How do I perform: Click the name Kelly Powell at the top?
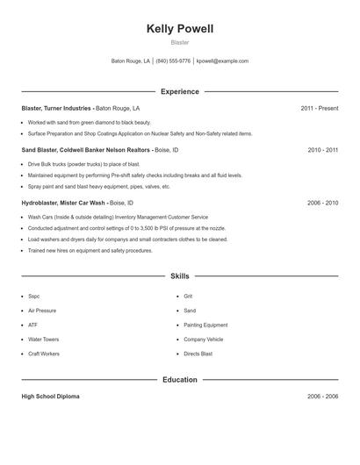(x=180, y=29)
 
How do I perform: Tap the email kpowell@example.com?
(x=222, y=61)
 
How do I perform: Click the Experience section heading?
(x=180, y=91)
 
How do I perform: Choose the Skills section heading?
(x=180, y=275)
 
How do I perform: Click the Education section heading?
(x=180, y=380)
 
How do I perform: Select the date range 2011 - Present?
(x=319, y=108)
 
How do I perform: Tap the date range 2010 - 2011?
(x=322, y=150)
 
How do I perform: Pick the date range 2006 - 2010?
(x=322, y=203)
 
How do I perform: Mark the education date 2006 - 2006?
(x=322, y=397)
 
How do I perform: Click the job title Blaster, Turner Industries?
(x=56, y=108)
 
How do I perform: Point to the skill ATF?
(x=32, y=325)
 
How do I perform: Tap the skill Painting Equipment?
(x=205, y=325)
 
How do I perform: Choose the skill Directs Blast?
(x=198, y=353)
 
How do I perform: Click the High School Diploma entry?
(x=50, y=397)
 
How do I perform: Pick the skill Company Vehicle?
(x=203, y=339)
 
